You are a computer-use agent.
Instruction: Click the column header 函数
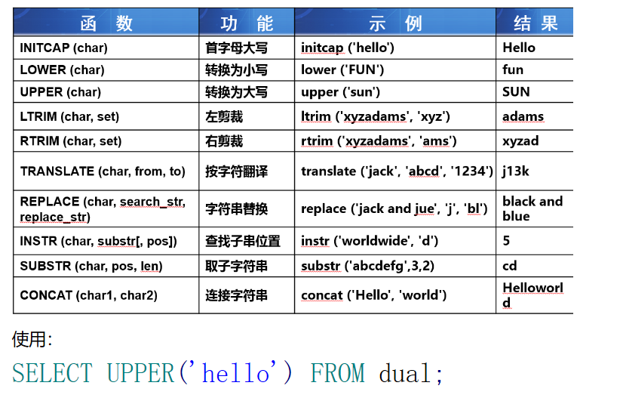click(x=106, y=23)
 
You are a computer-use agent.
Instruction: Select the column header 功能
click(x=247, y=23)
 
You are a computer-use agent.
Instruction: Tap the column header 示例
click(x=395, y=23)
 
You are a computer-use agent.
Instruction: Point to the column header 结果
click(x=536, y=23)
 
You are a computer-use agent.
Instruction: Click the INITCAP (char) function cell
click(x=64, y=48)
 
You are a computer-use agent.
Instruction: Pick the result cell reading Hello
click(x=519, y=48)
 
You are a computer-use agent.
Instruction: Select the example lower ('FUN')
click(x=342, y=69)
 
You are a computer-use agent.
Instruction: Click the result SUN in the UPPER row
click(x=516, y=91)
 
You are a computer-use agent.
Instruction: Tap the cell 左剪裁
click(x=224, y=117)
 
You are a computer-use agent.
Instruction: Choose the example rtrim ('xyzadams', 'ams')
click(x=379, y=141)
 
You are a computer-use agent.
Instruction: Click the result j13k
click(x=516, y=171)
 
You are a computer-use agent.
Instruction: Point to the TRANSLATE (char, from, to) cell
click(x=103, y=171)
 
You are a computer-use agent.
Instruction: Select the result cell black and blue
click(x=532, y=208)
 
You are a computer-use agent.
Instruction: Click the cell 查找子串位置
click(x=243, y=241)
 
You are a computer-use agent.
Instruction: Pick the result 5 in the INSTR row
click(x=506, y=241)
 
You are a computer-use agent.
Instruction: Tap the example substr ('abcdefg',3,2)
click(x=367, y=266)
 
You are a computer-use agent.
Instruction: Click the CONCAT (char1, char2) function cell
click(x=89, y=295)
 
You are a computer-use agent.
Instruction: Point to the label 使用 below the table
click(x=29, y=339)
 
